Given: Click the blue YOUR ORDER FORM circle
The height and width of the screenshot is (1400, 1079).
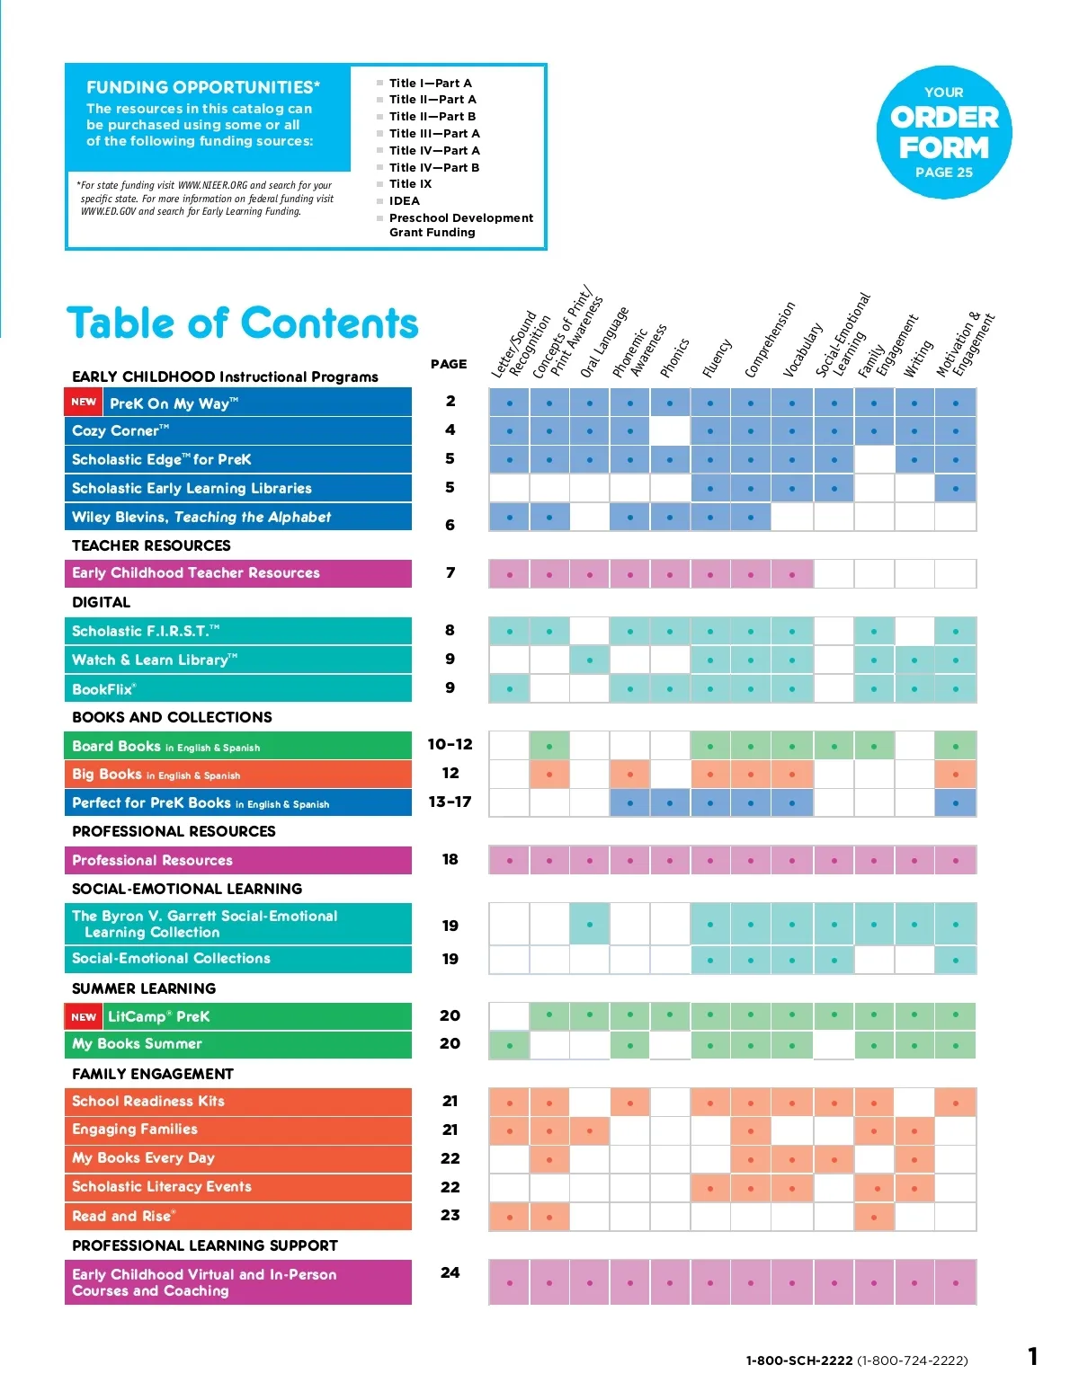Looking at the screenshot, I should click(x=944, y=132).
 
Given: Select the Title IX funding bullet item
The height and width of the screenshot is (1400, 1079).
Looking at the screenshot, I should click(x=410, y=184).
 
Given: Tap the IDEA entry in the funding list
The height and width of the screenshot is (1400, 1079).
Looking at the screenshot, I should click(x=404, y=201).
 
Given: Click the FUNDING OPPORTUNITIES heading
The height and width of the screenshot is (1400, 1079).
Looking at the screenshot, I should click(x=203, y=87).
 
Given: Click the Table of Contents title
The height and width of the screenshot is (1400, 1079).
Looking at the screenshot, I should click(x=243, y=323).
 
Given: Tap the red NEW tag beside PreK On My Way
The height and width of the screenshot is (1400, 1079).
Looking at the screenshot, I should click(x=84, y=403).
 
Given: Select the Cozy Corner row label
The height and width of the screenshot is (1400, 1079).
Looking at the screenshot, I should click(x=120, y=430).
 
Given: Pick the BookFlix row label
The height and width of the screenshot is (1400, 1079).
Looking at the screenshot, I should click(x=103, y=689).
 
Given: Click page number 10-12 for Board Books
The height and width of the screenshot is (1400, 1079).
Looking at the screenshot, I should click(x=450, y=744).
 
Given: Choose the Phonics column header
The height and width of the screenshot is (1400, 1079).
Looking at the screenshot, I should click(x=674, y=358).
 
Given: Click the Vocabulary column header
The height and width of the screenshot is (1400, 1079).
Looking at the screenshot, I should click(x=803, y=350).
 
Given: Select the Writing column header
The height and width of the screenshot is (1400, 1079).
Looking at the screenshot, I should click(x=918, y=359).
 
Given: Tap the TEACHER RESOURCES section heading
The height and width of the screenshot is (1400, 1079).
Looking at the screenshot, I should click(x=151, y=545).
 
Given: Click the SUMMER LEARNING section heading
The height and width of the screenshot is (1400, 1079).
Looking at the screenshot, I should click(x=144, y=988).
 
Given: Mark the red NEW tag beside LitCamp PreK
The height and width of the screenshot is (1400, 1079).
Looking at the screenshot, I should click(x=84, y=1016).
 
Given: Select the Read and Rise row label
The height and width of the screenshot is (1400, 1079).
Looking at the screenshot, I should click(x=123, y=1216).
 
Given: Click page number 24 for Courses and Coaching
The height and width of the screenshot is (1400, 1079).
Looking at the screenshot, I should click(x=450, y=1272).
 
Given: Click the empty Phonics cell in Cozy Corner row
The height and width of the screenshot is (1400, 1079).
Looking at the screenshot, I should click(x=670, y=430).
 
